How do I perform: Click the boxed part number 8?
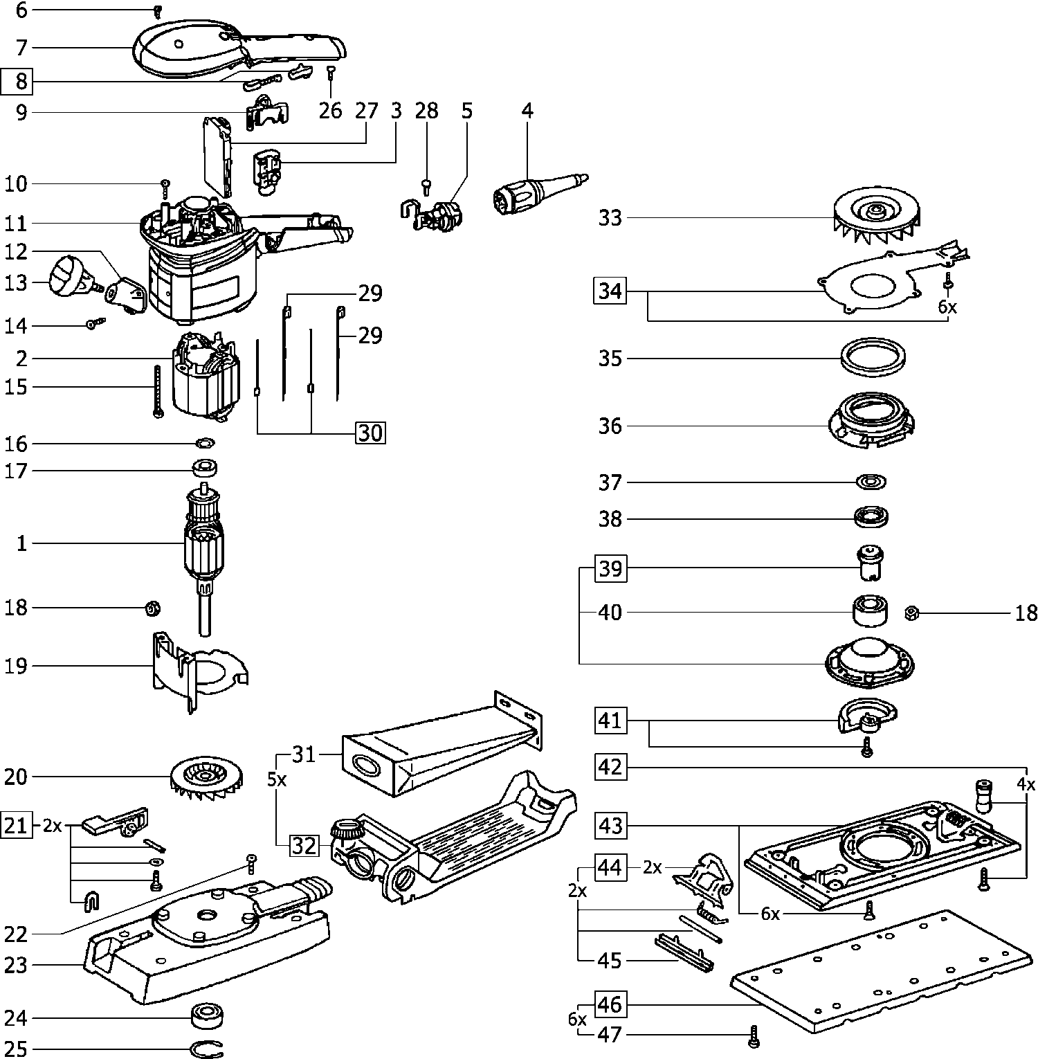pos(21,82)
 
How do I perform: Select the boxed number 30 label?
pos(370,433)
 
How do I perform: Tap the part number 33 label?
pos(610,218)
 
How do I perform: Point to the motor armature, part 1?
pos(203,547)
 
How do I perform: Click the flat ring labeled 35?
pos(873,359)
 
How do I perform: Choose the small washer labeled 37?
pos(871,481)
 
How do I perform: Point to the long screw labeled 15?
pos(157,390)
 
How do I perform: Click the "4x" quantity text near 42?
pos(1026,785)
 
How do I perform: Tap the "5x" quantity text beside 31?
pos(276,779)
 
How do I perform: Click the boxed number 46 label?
pos(610,1004)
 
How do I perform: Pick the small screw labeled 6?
pos(157,11)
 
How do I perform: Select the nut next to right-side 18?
pos(911,613)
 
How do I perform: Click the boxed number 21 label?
pos(17,826)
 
